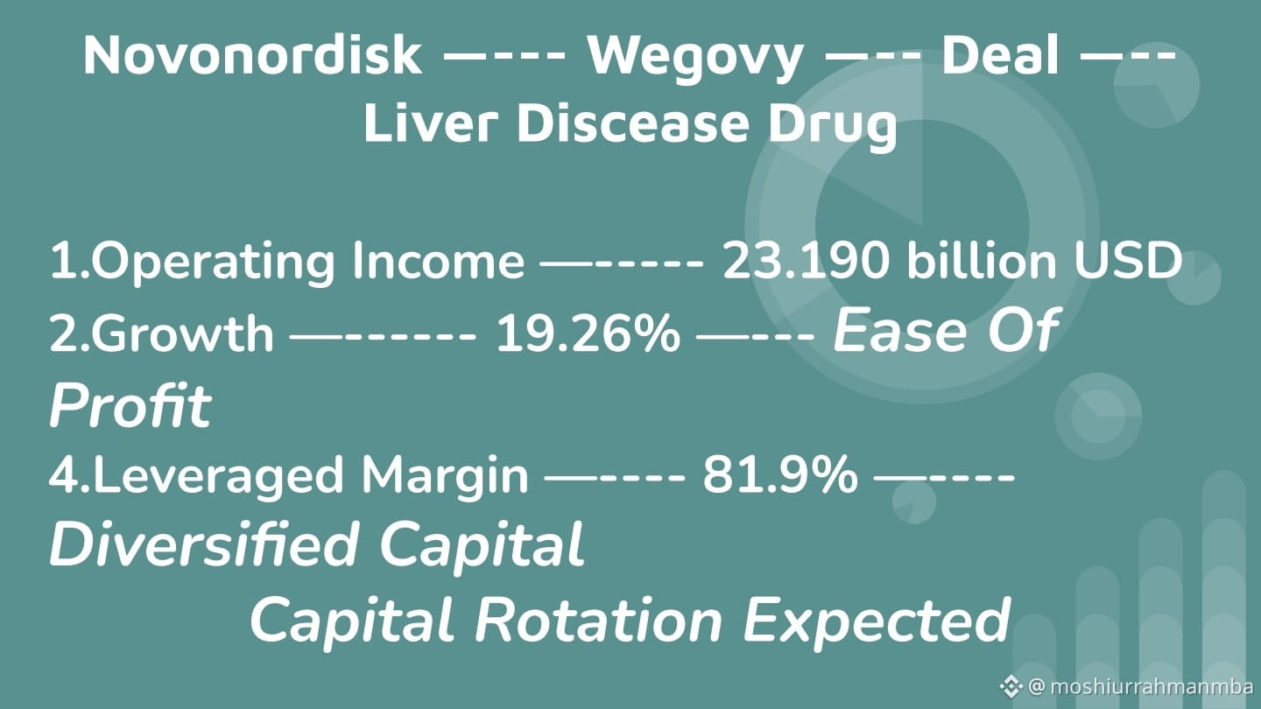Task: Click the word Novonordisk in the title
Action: point(252,55)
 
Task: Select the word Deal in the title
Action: point(1000,54)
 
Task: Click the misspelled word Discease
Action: point(633,123)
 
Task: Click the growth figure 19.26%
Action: point(588,334)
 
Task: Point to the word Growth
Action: point(182,333)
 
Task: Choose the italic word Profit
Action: point(130,405)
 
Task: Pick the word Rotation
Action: point(598,620)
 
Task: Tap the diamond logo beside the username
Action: point(1011,686)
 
